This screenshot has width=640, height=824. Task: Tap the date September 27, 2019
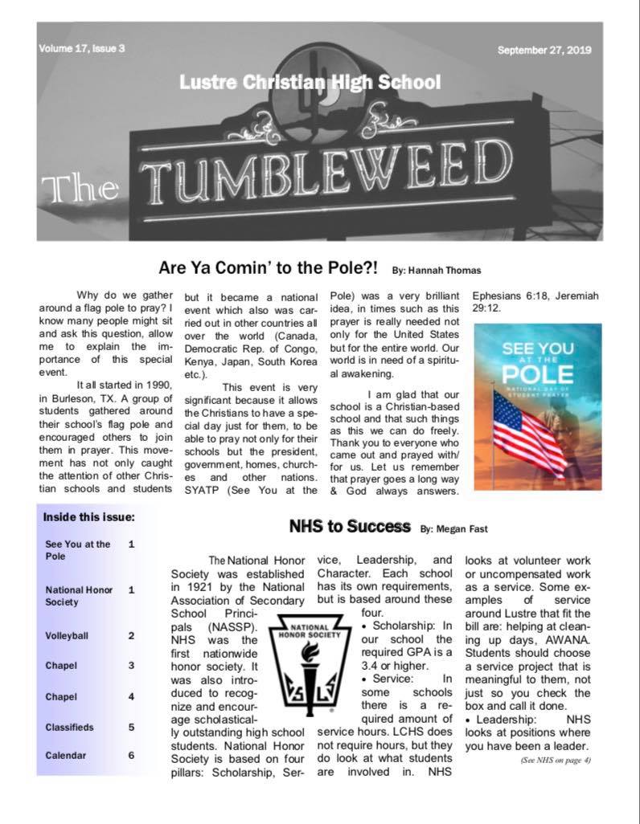click(x=544, y=50)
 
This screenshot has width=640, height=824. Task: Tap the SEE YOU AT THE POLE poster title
click(x=537, y=366)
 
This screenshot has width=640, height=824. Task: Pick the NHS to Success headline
click(x=350, y=527)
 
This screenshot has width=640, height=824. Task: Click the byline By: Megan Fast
click(x=453, y=528)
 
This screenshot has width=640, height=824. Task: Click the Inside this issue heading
click(x=88, y=517)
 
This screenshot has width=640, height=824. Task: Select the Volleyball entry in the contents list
click(x=68, y=635)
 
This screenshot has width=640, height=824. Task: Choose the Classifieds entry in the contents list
click(x=70, y=727)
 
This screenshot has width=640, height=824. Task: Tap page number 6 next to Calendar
click(x=131, y=755)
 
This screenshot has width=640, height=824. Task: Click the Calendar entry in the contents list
click(x=66, y=756)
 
